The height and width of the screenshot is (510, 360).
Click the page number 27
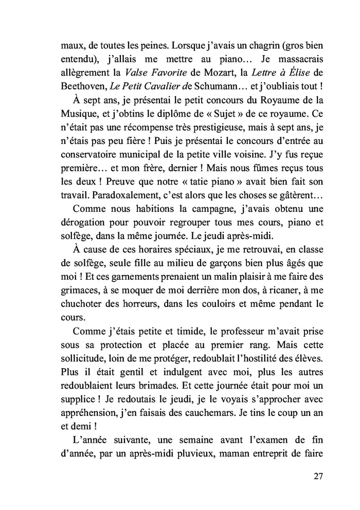tap(317, 476)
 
